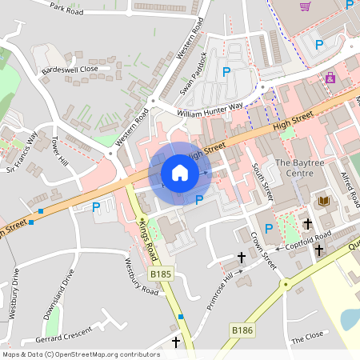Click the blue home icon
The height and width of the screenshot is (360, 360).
[x=180, y=173]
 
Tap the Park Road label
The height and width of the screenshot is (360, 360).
[x=66, y=9]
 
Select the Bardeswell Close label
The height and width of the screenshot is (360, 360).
[x=70, y=69]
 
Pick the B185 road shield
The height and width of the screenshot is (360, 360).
[x=161, y=274]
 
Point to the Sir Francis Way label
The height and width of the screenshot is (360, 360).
[x=22, y=153]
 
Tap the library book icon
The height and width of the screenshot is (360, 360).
[x=324, y=201]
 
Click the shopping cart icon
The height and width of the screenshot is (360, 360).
[x=305, y=6]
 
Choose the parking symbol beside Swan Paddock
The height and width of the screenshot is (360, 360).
[x=226, y=72]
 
